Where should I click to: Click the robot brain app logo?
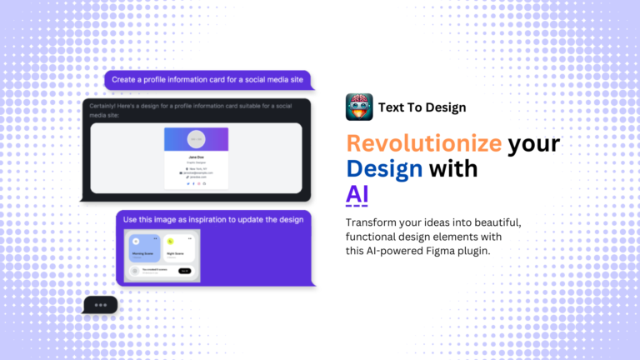(359, 107)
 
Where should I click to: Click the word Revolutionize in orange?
(424, 142)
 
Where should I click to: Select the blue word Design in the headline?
(383, 168)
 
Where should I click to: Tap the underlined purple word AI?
(357, 194)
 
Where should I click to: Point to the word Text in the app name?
(392, 107)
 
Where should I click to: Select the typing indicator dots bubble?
(101, 305)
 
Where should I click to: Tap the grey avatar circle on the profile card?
(197, 139)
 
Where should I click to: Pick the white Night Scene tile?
(178, 248)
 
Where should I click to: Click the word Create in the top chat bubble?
(124, 80)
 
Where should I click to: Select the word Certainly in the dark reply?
(109, 106)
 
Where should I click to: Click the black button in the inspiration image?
(184, 271)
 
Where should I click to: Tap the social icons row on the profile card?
(197, 183)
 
